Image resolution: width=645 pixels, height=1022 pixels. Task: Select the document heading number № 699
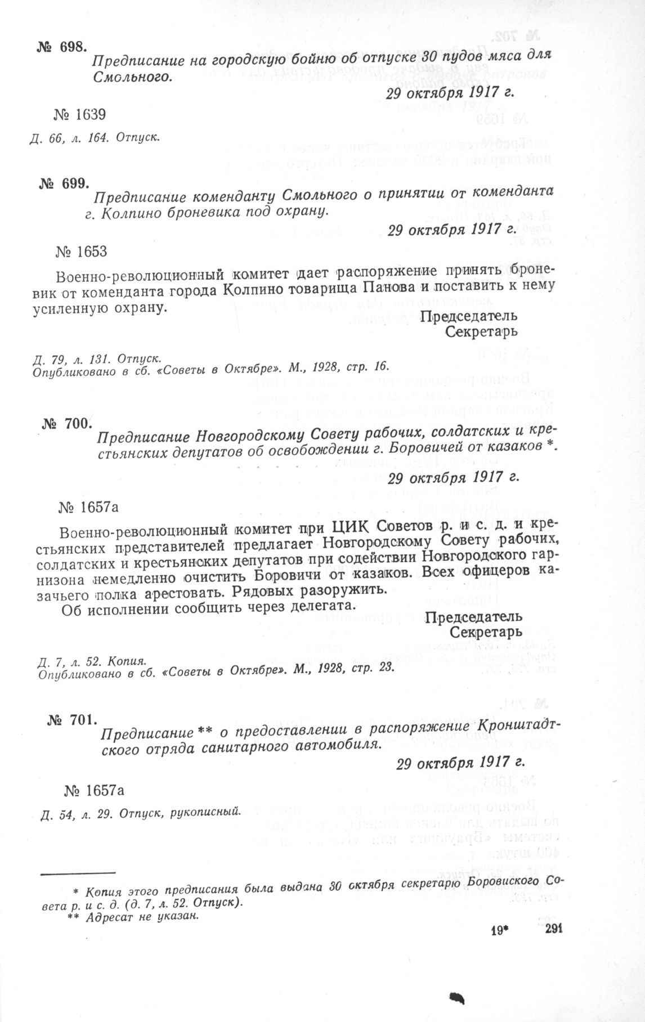[64, 183]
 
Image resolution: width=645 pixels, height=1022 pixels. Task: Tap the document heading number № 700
[66, 424]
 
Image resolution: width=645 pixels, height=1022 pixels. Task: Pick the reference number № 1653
[82, 251]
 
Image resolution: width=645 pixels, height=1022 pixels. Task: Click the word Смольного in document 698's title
[131, 75]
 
